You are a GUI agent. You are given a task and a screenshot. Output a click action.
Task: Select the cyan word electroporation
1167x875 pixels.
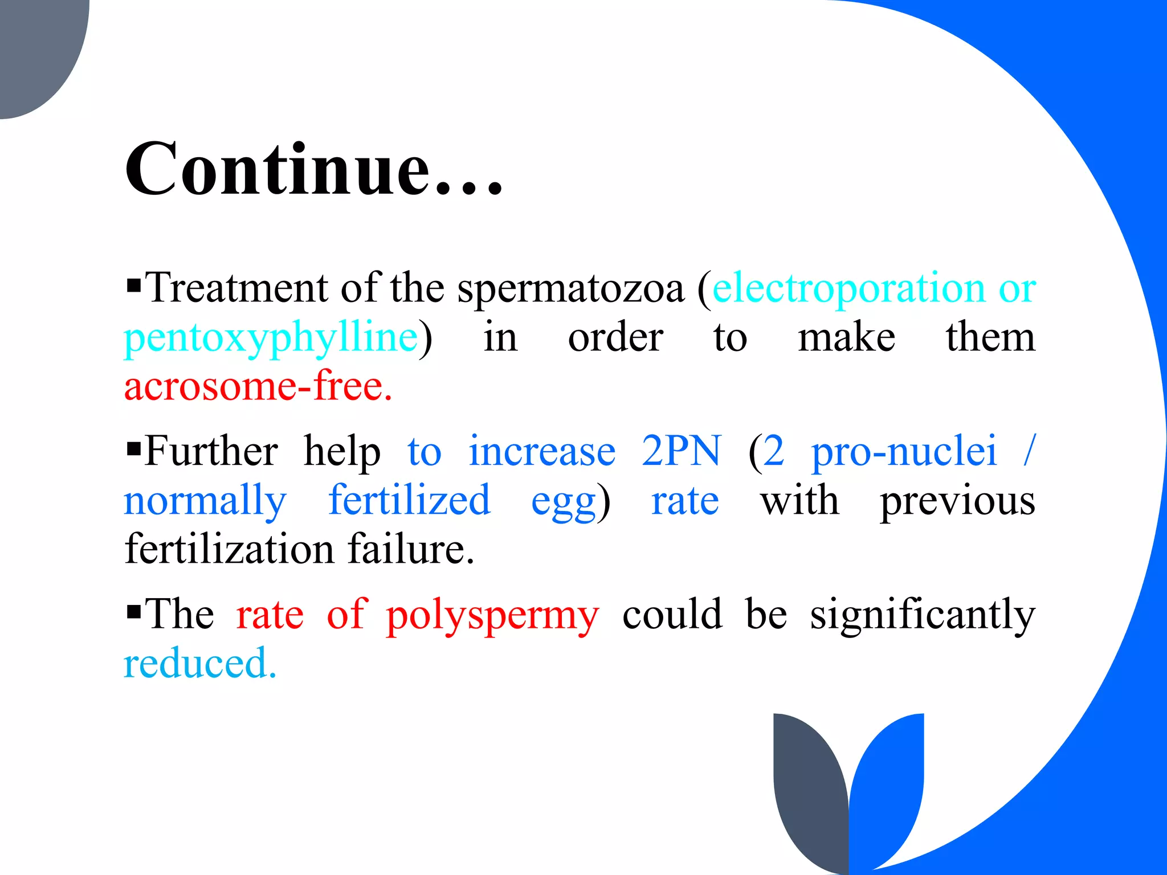tap(848, 288)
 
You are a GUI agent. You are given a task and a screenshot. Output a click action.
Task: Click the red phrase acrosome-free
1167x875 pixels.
tap(258, 387)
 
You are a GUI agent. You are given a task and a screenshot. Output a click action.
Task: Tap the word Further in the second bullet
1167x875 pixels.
tap(211, 451)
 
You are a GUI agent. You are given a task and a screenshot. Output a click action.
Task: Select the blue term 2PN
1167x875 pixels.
tap(682, 451)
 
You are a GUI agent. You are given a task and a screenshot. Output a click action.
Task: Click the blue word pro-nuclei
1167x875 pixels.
tap(904, 451)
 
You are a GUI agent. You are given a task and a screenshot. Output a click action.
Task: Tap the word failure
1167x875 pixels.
tap(410, 550)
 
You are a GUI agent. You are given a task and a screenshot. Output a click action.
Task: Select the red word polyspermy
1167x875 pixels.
tap(492, 616)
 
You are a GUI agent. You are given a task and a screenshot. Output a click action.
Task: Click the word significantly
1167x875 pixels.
tap(923, 616)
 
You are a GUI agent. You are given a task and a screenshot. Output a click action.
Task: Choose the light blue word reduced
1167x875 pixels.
tap(200, 664)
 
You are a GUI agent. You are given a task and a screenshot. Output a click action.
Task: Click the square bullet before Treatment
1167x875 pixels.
tap(134, 284)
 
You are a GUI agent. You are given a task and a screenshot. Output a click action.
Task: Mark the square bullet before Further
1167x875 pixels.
tap(134, 448)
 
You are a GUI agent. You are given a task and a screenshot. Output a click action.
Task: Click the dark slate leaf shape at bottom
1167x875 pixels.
tap(809, 786)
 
